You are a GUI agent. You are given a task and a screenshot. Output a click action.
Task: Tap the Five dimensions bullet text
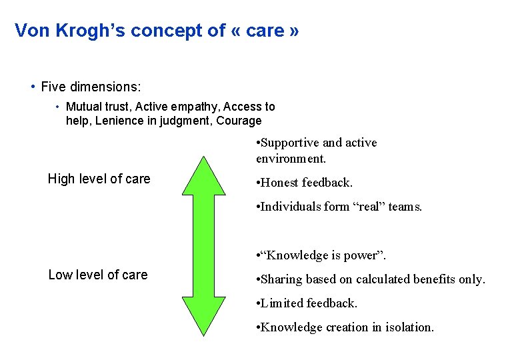pos(91,87)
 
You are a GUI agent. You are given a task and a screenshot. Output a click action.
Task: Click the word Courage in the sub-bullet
pos(239,121)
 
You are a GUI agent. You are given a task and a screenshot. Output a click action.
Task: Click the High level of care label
pos(99,179)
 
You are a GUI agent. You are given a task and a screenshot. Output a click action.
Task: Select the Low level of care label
pos(98,275)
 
